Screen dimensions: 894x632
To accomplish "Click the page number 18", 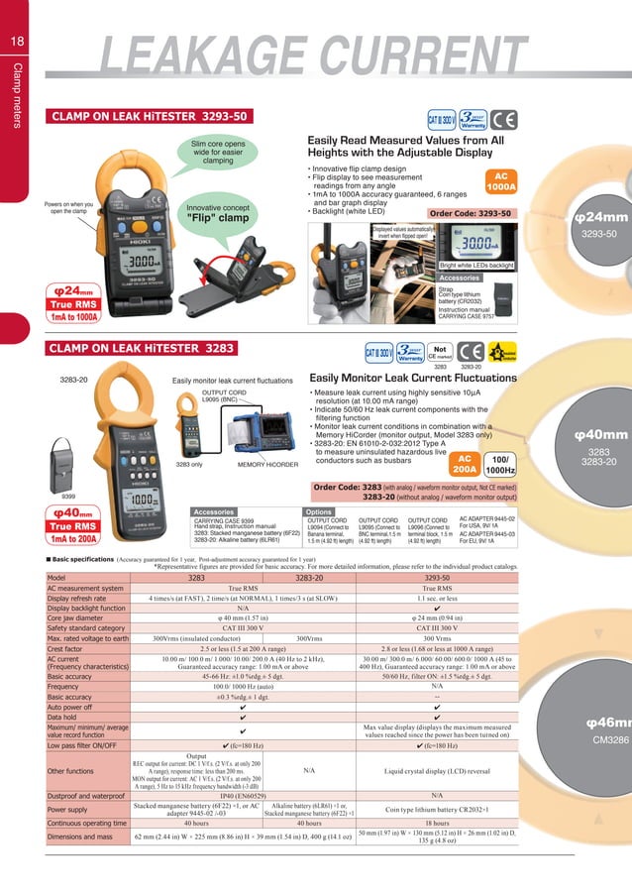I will pyautogui.click(x=18, y=41).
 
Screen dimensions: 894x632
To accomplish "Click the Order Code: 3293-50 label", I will pyautogui.click(x=471, y=213).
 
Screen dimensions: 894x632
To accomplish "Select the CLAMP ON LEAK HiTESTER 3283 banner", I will pyautogui.click(x=142, y=349).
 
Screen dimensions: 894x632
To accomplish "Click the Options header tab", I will pyautogui.click(x=319, y=511).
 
